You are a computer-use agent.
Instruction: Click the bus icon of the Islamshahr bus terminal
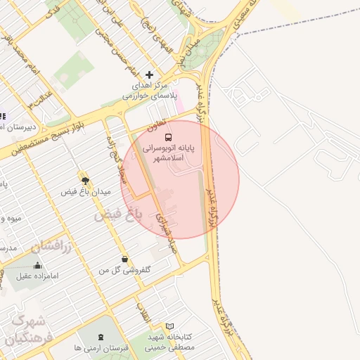pos(167,136)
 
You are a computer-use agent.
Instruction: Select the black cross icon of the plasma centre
pos(148,75)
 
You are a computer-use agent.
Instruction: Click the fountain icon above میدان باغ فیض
pos(85,180)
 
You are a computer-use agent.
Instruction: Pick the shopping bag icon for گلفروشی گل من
pos(124,259)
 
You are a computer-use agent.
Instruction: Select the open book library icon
pos(169,326)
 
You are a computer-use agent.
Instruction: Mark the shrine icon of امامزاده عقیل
pos(37,264)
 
